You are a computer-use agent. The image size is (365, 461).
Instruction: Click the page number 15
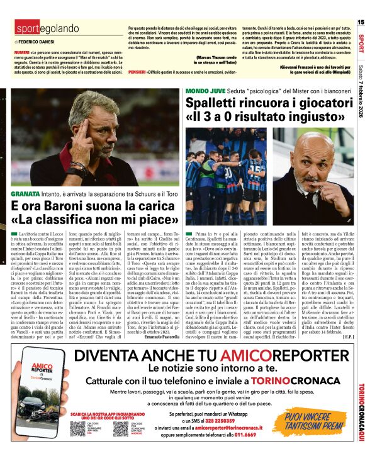[x=361, y=21]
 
